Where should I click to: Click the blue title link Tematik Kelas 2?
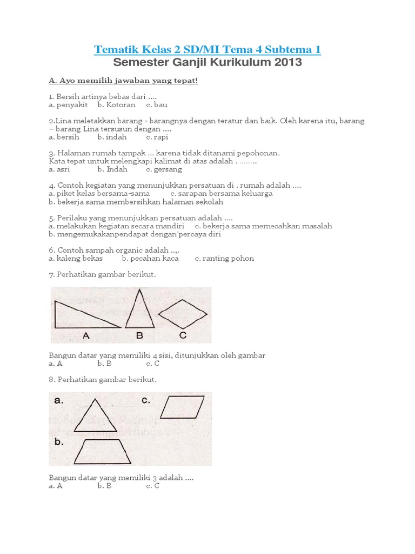point(207,50)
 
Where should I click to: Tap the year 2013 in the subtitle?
point(287,63)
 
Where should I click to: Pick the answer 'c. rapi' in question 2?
point(157,137)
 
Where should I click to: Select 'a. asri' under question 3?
point(58,169)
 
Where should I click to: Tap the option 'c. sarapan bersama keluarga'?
point(221,193)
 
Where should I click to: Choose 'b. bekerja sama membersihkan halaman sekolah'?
point(136,202)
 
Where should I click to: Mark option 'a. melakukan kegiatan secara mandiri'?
point(116,226)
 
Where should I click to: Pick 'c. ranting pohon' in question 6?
point(224,258)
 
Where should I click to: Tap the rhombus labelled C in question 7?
point(183,314)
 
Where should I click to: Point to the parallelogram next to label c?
point(182,407)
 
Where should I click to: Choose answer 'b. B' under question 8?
point(104,486)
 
